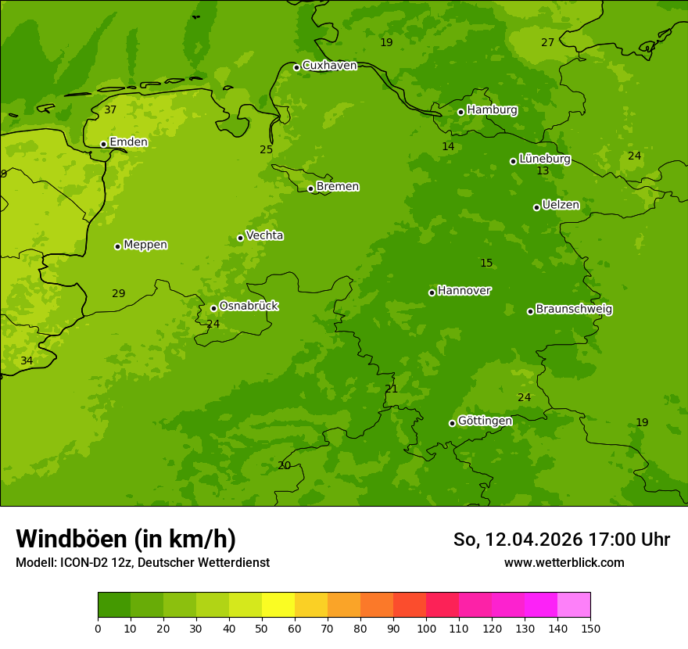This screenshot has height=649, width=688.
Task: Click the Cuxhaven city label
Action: click(x=329, y=66)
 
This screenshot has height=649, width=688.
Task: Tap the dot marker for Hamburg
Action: click(x=461, y=112)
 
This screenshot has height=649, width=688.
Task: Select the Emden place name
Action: click(x=128, y=142)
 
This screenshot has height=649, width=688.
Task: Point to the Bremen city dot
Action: click(x=310, y=188)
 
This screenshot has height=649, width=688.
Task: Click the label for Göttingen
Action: click(x=485, y=421)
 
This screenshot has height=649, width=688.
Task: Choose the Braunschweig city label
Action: click(x=574, y=310)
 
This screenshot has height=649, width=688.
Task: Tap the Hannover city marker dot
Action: click(x=432, y=292)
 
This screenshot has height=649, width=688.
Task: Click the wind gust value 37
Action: click(x=110, y=110)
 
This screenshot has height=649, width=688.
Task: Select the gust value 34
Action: click(x=27, y=361)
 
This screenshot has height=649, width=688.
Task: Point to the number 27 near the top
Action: click(x=547, y=43)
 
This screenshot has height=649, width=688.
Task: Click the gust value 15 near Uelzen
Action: click(x=486, y=264)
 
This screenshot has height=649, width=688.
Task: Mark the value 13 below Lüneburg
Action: click(x=543, y=171)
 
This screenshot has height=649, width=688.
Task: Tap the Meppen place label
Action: click(x=145, y=245)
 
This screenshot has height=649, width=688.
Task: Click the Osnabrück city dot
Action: click(x=213, y=308)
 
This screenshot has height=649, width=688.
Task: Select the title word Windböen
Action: click(x=70, y=539)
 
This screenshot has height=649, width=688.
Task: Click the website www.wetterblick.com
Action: click(x=564, y=562)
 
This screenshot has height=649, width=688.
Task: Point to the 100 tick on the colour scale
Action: click(x=426, y=627)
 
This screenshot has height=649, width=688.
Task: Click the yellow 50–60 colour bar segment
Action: click(x=278, y=605)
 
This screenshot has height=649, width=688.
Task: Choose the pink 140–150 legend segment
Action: click(x=574, y=605)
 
